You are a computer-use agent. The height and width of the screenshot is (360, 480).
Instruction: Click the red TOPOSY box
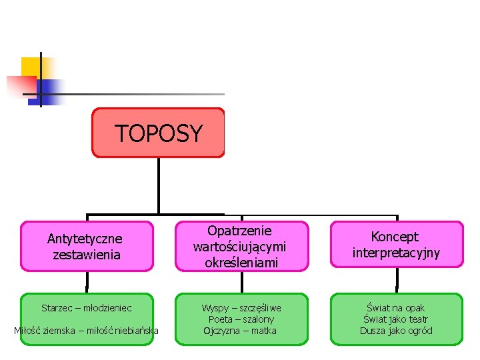158,133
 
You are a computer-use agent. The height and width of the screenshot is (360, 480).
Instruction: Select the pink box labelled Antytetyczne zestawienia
85,246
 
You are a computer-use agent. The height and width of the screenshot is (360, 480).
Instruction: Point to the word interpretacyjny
396,253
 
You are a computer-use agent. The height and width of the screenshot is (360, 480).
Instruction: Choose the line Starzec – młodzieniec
87,308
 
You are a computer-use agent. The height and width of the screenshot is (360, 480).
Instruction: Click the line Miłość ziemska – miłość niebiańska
87,331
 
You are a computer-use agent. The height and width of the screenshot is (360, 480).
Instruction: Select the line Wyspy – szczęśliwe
241,308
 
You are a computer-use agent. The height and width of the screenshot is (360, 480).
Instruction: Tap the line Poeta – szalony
241,319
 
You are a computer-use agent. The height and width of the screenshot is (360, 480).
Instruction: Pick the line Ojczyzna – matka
240,331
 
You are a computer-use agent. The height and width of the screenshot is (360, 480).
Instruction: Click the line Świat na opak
396,308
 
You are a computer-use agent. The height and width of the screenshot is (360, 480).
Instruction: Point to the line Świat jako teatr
396,319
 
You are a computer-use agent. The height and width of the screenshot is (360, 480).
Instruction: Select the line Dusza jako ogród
396,331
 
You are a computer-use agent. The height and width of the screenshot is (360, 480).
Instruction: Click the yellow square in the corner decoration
31,67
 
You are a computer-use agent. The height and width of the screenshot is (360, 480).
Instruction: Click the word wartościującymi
239,247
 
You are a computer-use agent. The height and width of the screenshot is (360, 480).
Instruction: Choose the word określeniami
239,262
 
